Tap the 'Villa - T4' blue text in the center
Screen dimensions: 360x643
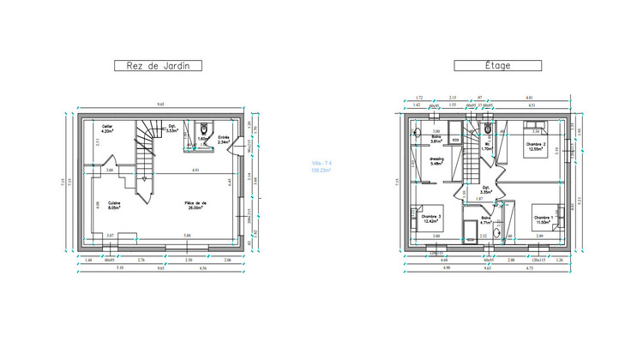coord(321,166)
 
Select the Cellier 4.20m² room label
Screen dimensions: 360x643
coord(108,130)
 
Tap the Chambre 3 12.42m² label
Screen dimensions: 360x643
coord(433,220)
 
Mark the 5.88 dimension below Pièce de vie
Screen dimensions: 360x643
coord(188,235)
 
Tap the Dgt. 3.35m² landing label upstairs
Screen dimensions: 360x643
coord(485,190)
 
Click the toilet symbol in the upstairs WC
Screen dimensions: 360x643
coord(487,129)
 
